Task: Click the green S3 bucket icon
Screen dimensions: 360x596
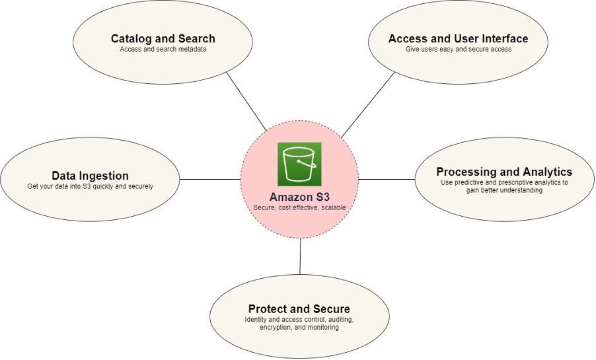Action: click(299, 164)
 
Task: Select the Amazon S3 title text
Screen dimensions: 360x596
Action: click(299, 197)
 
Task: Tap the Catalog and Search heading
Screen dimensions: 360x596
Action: click(163, 38)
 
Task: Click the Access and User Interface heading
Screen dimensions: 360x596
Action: click(458, 38)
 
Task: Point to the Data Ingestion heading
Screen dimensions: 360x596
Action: click(90, 176)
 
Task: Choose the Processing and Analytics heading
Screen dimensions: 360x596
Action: click(504, 172)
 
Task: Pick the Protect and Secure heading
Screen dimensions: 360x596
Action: click(299, 309)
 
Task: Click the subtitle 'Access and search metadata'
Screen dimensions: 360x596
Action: click(163, 50)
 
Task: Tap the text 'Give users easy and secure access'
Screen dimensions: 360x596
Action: click(458, 50)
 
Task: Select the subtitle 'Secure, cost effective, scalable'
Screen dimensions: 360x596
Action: click(299, 207)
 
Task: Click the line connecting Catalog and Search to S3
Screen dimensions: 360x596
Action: click(246, 100)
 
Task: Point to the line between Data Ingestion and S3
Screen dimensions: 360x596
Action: click(210, 179)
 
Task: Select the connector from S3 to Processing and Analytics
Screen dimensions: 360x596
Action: click(387, 179)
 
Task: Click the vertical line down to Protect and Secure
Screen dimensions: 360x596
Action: click(300, 256)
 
